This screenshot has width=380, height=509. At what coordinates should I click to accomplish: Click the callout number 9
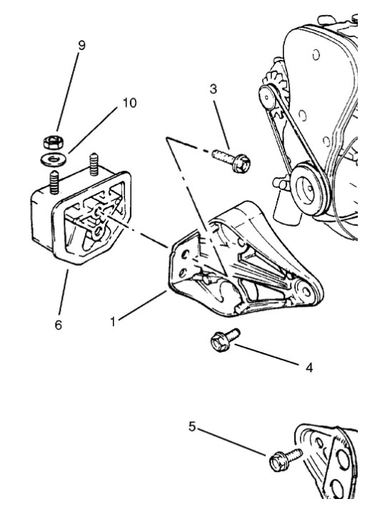click(x=81, y=46)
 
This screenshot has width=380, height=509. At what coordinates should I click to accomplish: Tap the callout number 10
click(x=130, y=103)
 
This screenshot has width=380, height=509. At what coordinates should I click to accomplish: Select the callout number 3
click(x=213, y=89)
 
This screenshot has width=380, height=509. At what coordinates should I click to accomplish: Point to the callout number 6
click(x=59, y=325)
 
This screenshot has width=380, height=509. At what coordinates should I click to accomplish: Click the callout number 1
click(x=113, y=322)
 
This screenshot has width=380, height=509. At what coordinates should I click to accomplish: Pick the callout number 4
click(x=309, y=367)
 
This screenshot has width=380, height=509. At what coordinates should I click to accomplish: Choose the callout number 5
click(x=193, y=427)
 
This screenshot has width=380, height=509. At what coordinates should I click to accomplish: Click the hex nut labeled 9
click(x=54, y=142)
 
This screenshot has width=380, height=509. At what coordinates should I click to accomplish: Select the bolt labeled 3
click(x=232, y=159)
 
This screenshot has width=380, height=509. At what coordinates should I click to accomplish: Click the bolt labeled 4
click(x=225, y=340)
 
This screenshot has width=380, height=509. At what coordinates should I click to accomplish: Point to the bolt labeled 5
click(x=285, y=459)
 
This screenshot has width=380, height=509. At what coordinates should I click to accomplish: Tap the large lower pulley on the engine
click(x=308, y=188)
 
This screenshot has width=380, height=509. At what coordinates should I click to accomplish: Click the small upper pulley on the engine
click(x=267, y=97)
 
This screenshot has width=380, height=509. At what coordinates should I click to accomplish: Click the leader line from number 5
click(x=231, y=442)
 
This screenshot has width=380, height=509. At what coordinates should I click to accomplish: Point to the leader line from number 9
click(x=67, y=92)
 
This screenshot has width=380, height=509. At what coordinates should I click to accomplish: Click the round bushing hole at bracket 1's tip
click(x=305, y=291)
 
